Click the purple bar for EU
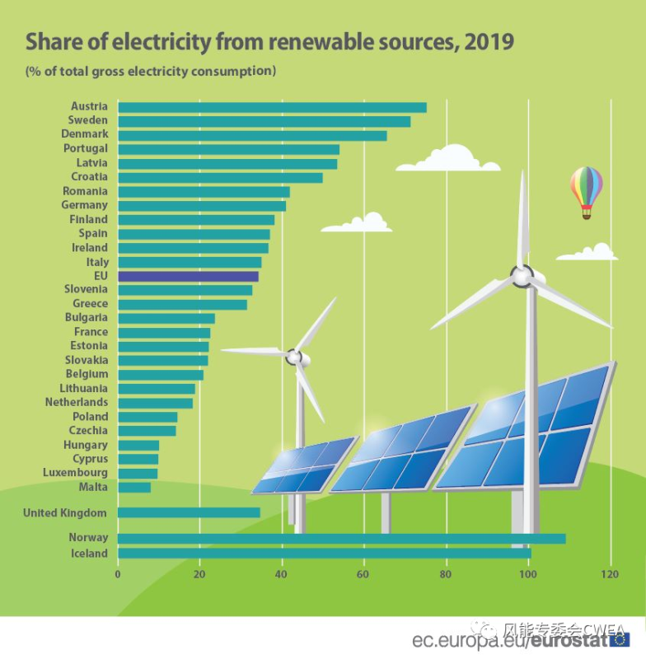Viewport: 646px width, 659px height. (188, 276)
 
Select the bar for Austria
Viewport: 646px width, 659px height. (272, 107)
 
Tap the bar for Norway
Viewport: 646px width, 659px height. (341, 539)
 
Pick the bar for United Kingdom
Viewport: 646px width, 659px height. (189, 512)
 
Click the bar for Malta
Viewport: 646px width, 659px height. (134, 488)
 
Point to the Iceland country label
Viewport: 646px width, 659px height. (88, 554)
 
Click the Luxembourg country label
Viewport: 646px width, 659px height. (75, 473)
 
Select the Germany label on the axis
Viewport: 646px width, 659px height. (84, 204)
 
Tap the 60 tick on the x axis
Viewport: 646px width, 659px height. (364, 574)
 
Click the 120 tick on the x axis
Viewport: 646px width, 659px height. (610, 574)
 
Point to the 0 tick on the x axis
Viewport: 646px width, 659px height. (118, 574)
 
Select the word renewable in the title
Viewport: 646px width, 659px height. (318, 41)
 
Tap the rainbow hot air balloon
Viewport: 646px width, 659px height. (586, 189)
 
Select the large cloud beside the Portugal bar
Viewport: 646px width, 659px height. (449, 159)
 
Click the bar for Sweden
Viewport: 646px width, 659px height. (264, 121)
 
